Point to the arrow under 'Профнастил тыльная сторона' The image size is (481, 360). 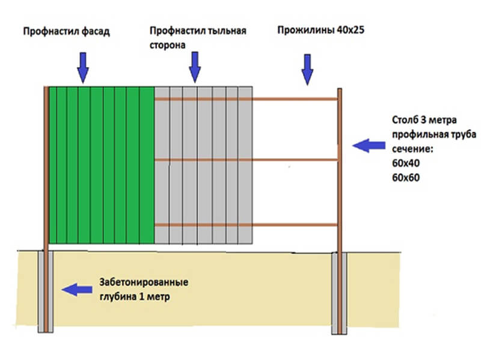click(194, 67)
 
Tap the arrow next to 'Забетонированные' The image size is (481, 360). click(77, 290)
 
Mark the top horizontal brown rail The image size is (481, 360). click(295, 99)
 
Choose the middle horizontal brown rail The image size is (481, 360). click(295, 159)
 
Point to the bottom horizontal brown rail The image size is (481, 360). click(295, 224)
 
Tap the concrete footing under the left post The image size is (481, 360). click(47, 291)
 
